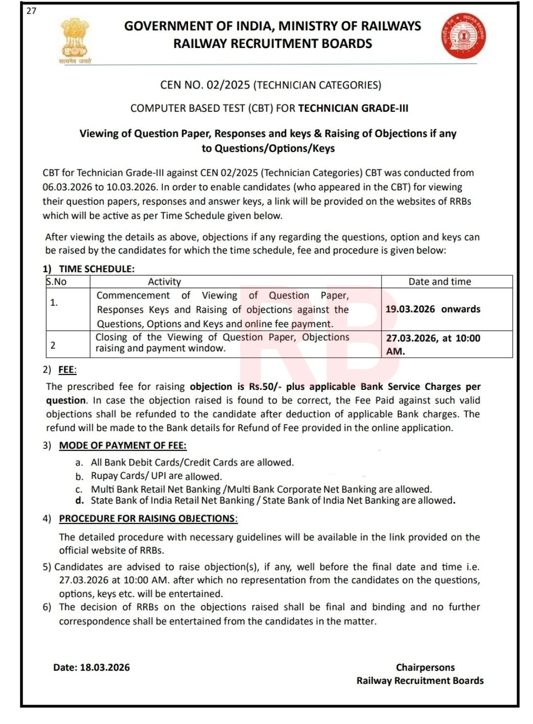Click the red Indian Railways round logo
[x=463, y=36]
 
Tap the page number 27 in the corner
[x=32, y=11]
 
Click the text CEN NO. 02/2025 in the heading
[x=205, y=85]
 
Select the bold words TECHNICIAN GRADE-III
[x=353, y=108]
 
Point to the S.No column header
[x=57, y=282]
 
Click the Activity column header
[x=164, y=282]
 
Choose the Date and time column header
[x=439, y=282]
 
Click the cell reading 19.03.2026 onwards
[x=433, y=309]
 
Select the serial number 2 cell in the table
[x=53, y=345]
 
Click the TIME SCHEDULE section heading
[x=96, y=269]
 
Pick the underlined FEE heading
[x=67, y=370]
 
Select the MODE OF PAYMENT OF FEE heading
[x=122, y=445]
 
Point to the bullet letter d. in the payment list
[x=79, y=501]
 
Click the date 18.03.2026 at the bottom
[x=105, y=667]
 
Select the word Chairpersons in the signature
[x=425, y=667]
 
